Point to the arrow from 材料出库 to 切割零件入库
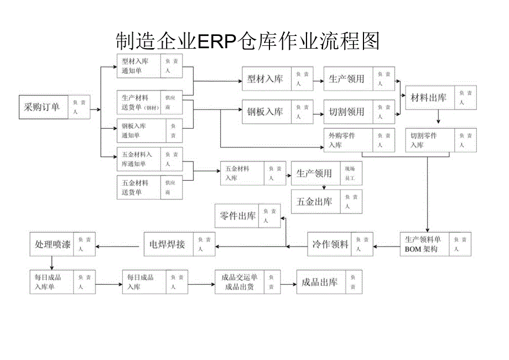pos(438,118)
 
